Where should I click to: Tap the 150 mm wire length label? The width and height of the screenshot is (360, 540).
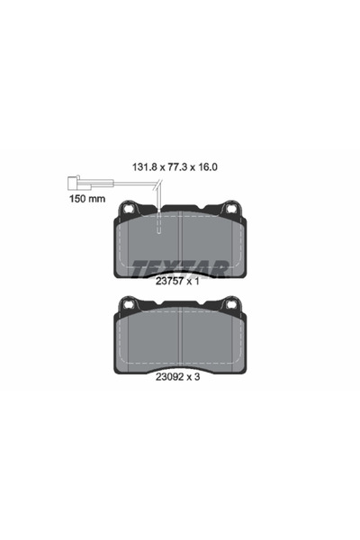coord(86,200)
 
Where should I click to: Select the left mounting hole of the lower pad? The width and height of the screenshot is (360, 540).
coord(127,306)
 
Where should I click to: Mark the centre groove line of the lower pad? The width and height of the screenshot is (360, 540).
coord(181,337)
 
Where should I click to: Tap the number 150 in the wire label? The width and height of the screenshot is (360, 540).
coord(78,200)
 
